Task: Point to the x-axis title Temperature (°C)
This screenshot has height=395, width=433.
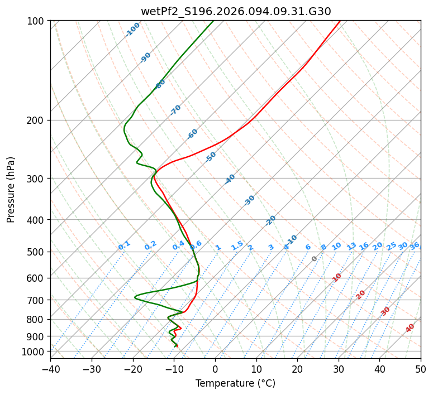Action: tap(235, 384)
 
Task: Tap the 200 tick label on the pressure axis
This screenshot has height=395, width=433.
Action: tap(36, 120)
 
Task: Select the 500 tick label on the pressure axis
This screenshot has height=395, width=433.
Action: tap(36, 252)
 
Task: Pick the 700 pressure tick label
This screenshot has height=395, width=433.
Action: tap(36, 300)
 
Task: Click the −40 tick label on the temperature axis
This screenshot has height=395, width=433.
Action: tap(50, 369)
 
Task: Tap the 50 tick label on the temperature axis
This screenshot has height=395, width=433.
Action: tap(421, 369)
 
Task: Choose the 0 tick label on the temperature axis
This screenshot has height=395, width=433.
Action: tap(215, 369)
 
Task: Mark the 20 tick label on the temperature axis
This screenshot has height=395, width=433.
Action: tap(297, 369)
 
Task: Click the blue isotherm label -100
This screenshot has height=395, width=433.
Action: tap(133, 29)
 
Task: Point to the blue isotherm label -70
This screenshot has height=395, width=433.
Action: tap(175, 110)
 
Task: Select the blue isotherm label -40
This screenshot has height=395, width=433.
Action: tap(230, 179)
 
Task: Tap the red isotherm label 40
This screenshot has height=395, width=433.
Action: tap(410, 328)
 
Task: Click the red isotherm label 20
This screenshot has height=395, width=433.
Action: tap(361, 294)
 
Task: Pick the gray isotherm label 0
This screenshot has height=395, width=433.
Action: tap(315, 259)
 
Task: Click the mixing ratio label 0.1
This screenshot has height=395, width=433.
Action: tap(124, 245)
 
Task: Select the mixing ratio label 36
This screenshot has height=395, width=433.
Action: tap(415, 245)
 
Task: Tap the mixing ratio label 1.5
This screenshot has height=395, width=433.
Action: tap(237, 245)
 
